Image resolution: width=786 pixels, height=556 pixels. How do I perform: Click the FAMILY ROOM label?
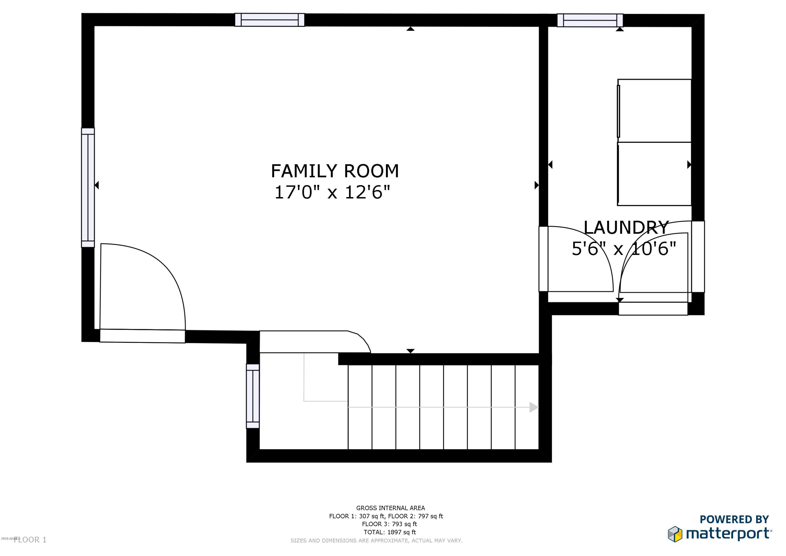pyautogui.click(x=335, y=171)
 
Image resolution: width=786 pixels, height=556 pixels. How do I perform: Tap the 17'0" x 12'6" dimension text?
pyautogui.click(x=332, y=192)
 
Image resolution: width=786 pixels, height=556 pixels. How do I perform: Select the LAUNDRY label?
pyautogui.click(x=626, y=228)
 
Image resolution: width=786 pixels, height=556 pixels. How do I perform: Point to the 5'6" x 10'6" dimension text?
pyautogui.click(x=624, y=249)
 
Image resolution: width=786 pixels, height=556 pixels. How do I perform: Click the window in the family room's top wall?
pyautogui.click(x=269, y=20)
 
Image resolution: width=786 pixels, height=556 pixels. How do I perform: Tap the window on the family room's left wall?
pyautogui.click(x=88, y=187)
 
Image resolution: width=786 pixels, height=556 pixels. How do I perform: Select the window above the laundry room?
pyautogui.click(x=590, y=20)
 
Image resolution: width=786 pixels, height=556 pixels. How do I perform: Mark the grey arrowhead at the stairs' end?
pyautogui.click(x=534, y=407)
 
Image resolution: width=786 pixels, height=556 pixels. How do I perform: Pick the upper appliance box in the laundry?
pyautogui.click(x=654, y=111)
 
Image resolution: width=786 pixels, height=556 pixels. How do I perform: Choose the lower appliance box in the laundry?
pyautogui.click(x=654, y=174)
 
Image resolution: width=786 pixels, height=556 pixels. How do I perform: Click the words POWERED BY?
pyautogui.click(x=734, y=519)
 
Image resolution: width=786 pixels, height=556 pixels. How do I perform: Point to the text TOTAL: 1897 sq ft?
pyautogui.click(x=390, y=532)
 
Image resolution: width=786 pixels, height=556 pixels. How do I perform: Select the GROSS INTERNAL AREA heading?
pyautogui.click(x=390, y=508)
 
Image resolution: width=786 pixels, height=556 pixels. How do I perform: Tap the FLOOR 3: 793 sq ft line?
pyautogui.click(x=390, y=524)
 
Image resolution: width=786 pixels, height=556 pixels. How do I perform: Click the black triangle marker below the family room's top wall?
pyautogui.click(x=411, y=29)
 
